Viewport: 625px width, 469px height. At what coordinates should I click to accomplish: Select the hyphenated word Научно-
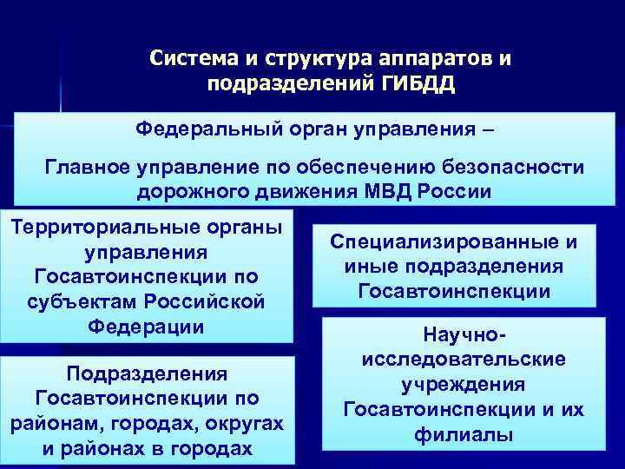point(463,334)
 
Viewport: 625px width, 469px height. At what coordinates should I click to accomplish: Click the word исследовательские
point(463,359)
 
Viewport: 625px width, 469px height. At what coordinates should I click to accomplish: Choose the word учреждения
point(463,384)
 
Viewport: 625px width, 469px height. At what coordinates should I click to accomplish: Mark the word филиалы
point(463,433)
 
